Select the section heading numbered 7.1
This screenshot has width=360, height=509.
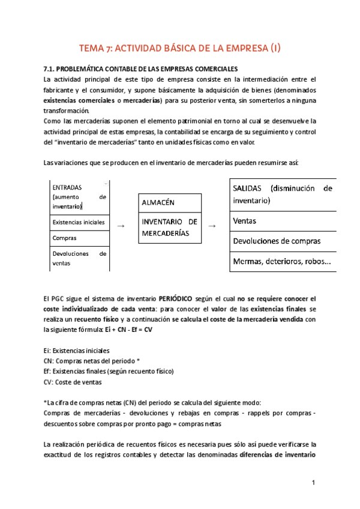pos(142,68)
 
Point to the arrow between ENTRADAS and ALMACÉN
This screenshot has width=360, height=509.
pos(121,225)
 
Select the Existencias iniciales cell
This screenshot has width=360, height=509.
pos(79,222)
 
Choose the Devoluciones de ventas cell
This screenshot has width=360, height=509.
pos(79,258)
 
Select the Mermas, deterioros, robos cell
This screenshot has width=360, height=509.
pos(281,262)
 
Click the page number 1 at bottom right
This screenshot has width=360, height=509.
pos(313,483)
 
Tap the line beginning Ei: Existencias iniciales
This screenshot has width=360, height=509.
pos(77,351)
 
